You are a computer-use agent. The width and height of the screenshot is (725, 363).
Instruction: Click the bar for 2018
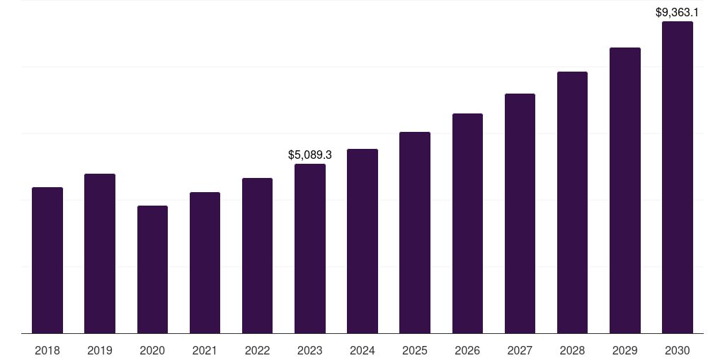tap(47, 260)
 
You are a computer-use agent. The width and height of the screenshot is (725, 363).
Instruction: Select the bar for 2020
tap(152, 269)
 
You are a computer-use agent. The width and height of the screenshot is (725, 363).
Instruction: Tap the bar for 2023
tap(310, 248)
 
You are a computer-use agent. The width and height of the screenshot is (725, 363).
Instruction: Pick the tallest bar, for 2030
tap(677, 177)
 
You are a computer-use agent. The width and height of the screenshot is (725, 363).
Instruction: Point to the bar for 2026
tap(467, 223)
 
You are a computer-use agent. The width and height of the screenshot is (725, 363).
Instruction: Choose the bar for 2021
tap(205, 262)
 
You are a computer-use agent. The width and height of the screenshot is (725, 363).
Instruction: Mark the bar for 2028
tap(572, 202)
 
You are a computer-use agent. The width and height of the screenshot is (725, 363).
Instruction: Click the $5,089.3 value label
tap(310, 155)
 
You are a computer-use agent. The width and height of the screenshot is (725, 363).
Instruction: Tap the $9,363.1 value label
tap(677, 12)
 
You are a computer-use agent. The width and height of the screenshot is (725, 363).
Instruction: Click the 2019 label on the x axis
tap(100, 350)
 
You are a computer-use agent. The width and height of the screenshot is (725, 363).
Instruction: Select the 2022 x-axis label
tap(257, 350)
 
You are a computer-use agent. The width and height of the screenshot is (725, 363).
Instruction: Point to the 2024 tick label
tap(362, 350)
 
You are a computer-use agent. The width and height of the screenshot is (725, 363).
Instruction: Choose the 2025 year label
tap(415, 350)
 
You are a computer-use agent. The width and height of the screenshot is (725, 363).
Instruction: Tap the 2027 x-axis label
tap(520, 350)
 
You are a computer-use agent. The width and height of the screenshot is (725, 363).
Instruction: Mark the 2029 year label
tap(624, 350)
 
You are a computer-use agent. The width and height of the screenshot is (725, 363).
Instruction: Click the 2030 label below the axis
tap(677, 350)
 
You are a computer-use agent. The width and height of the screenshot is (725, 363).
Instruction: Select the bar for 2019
tap(100, 253)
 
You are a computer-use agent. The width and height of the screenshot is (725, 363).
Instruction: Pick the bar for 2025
tap(415, 233)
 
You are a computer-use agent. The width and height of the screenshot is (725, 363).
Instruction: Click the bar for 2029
tap(624, 190)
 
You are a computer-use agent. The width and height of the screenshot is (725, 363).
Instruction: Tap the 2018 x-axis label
tap(47, 350)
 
